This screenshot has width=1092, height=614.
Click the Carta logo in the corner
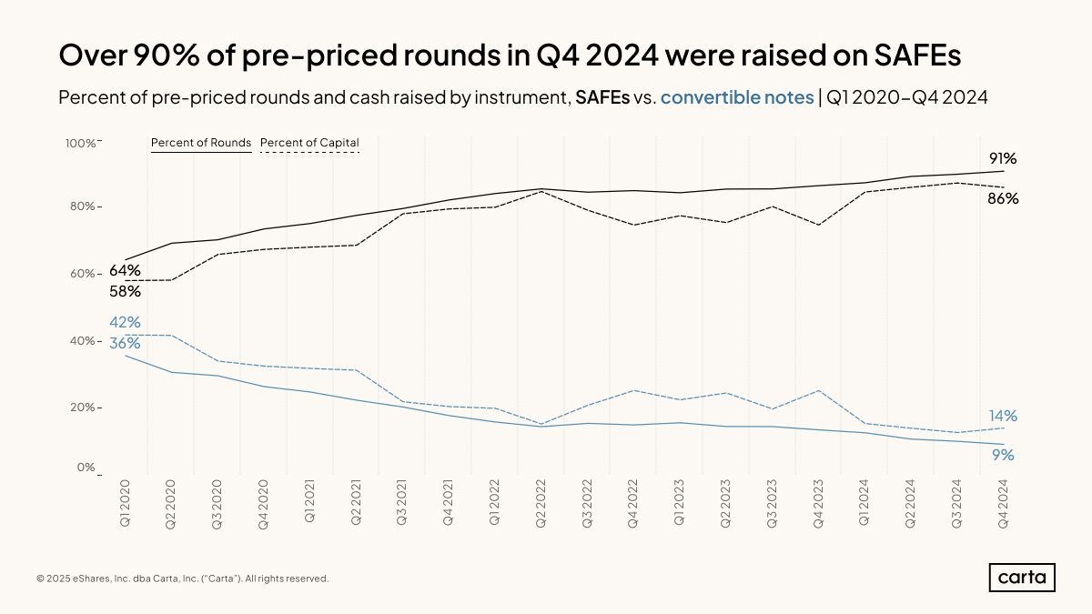pos(1022,578)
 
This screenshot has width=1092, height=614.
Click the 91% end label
pos(1003,158)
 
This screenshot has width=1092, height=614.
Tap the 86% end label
pos(1003,198)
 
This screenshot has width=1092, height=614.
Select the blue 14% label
pos(1003,416)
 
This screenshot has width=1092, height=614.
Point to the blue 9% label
pos(1003,455)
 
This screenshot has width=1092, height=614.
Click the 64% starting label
pos(125,270)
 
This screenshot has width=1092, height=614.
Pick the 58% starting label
pos(125,291)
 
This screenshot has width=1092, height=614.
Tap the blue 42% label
pos(125,322)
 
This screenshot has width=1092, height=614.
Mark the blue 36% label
pos(125,343)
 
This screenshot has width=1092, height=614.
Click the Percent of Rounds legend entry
pos(200,143)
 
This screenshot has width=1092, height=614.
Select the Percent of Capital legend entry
pos(309,143)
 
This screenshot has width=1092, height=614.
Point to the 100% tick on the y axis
pos(80,143)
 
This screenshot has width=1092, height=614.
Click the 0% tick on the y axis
pos(86,468)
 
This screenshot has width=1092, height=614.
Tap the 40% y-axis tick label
pos(83,341)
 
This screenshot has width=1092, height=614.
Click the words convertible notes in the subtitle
pos(737,97)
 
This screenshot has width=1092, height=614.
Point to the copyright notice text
pos(182,579)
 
